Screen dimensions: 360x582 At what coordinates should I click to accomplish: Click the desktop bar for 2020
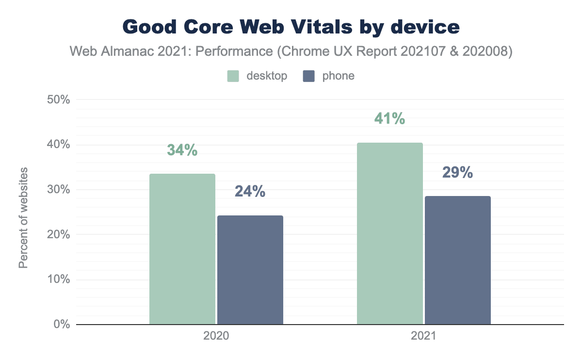click(182, 249)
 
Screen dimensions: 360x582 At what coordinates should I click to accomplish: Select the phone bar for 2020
click(250, 270)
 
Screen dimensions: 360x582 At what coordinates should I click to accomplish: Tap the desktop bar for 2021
click(390, 233)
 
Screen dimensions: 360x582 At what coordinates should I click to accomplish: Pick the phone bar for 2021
click(458, 260)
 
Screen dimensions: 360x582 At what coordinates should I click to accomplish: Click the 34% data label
click(182, 150)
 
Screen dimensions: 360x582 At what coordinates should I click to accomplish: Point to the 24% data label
click(250, 192)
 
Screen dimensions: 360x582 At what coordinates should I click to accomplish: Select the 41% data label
click(390, 119)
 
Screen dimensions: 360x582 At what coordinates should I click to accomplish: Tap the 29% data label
click(458, 173)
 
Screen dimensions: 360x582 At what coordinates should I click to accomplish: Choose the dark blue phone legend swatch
click(309, 76)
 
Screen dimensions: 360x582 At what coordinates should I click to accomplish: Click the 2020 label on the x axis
click(216, 336)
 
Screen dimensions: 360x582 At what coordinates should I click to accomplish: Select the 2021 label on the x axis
click(424, 336)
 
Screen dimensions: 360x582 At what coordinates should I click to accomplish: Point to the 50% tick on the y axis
click(58, 100)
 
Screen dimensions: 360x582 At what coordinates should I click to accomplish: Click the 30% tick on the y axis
click(58, 190)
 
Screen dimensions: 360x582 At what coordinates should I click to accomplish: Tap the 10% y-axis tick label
click(58, 279)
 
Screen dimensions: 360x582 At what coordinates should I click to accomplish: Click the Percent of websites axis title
click(23, 218)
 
